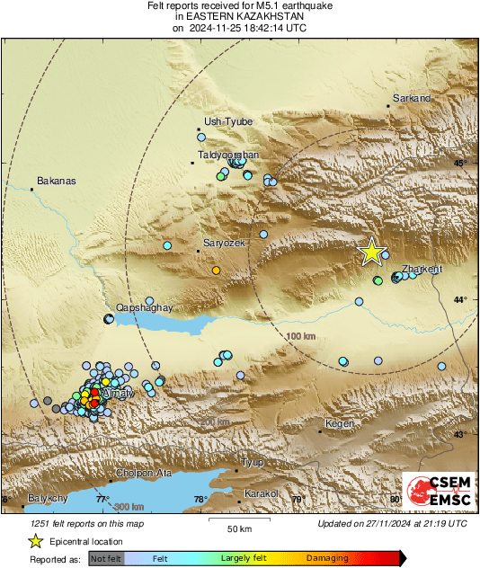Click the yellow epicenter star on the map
[x=370, y=253]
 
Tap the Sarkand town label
[x=411, y=99]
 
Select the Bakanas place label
[x=56, y=182]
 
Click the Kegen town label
[x=341, y=422]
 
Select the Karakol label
[x=264, y=493]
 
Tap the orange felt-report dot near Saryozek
[x=216, y=270]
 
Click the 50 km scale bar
[x=237, y=521]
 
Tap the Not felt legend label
[x=105, y=558]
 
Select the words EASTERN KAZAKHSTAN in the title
[x=239, y=17]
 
